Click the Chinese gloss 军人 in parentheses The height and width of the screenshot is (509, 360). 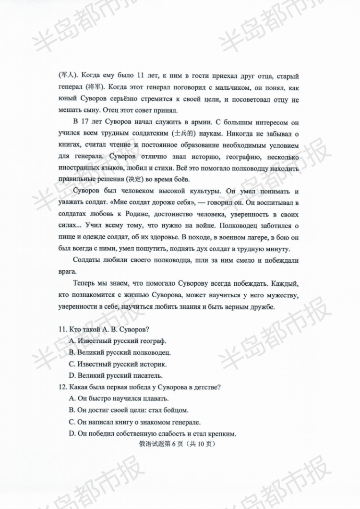[x=66, y=75]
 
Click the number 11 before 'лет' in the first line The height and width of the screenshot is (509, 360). [x=141, y=75]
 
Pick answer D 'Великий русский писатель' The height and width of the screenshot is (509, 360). [x=116, y=376]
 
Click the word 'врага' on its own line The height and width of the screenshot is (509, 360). [x=66, y=271]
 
